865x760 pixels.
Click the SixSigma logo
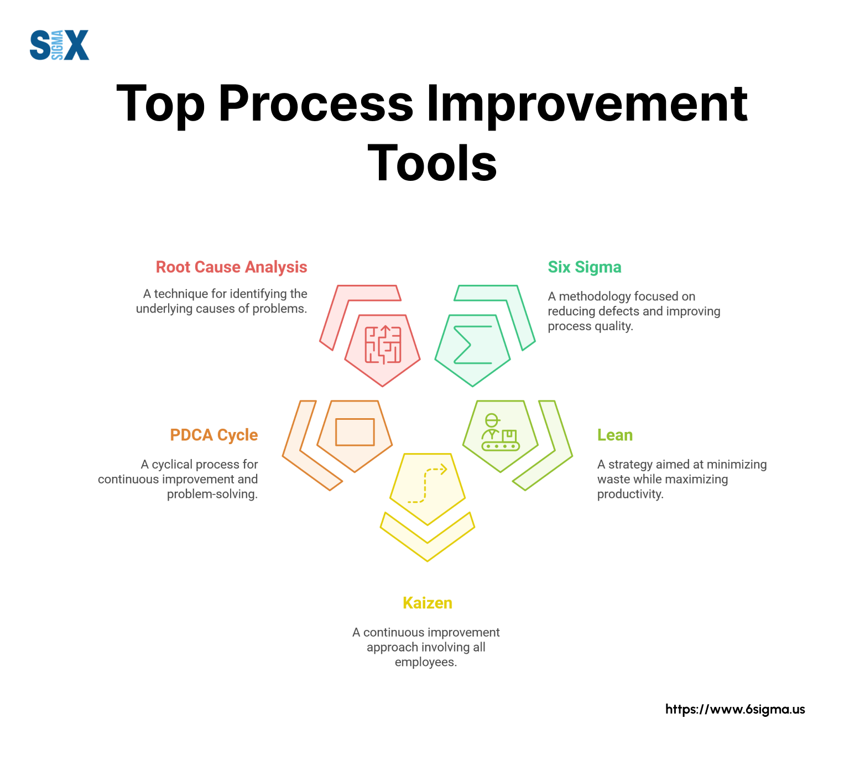(59, 45)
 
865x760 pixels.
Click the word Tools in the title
(433, 163)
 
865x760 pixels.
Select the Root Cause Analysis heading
(231, 267)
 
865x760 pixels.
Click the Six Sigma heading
(585, 267)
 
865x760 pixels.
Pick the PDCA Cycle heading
(214, 435)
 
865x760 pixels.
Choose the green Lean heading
(615, 435)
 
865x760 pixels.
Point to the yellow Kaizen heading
(428, 603)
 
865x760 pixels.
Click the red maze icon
(383, 345)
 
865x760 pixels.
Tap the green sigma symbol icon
(472, 345)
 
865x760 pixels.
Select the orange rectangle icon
(355, 432)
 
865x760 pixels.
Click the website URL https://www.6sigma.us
(735, 709)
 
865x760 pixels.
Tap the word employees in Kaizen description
(425, 662)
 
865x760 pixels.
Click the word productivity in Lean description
(630, 494)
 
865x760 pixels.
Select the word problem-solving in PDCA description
(212, 494)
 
